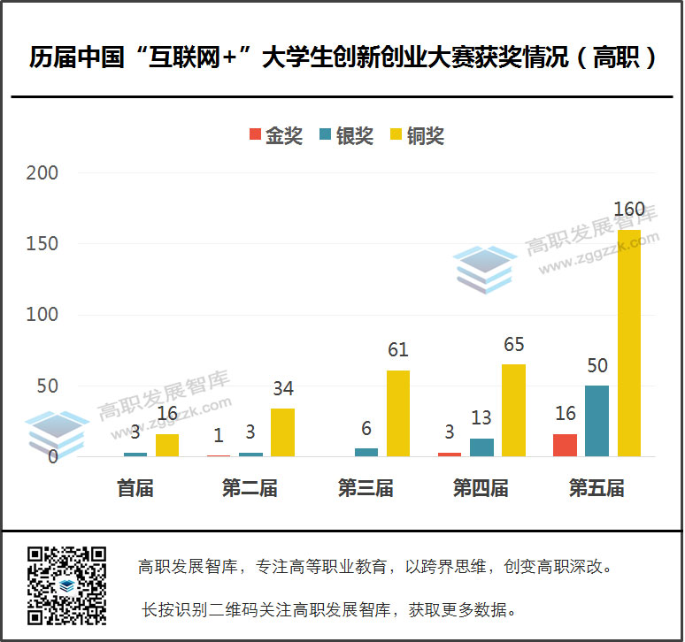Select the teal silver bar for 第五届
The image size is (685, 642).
pyautogui.click(x=596, y=421)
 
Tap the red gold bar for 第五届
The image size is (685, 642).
pyautogui.click(x=565, y=445)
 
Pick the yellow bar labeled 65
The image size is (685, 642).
pyautogui.click(x=513, y=410)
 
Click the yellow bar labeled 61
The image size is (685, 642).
pyautogui.click(x=398, y=413)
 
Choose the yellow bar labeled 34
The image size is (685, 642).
pyautogui.click(x=282, y=432)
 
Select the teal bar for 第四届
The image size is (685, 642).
pyautogui.click(x=481, y=447)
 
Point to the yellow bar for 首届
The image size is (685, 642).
pyautogui.click(x=167, y=445)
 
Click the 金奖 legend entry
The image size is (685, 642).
pyautogui.click(x=275, y=135)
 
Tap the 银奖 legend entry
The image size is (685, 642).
pyautogui.click(x=346, y=135)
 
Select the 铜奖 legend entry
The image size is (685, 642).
pyautogui.click(x=416, y=135)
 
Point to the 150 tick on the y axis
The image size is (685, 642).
pyautogui.click(x=42, y=244)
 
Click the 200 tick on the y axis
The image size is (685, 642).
pyautogui.click(x=42, y=173)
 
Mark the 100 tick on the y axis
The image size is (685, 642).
pyautogui.click(x=42, y=315)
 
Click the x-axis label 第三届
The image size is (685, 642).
pyautogui.click(x=366, y=488)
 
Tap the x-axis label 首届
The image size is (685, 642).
pyautogui.click(x=135, y=488)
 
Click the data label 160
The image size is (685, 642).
pyautogui.click(x=629, y=210)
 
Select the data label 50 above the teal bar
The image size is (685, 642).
pyautogui.click(x=596, y=365)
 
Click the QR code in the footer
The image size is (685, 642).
pyautogui.click(x=66, y=585)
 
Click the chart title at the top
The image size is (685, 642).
pyautogui.click(x=342, y=58)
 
